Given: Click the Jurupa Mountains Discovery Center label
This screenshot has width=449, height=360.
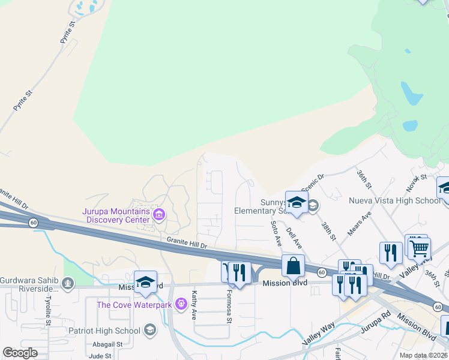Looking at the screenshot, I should (116, 215).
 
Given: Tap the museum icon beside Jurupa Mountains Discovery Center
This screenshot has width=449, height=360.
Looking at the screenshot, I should (159, 214).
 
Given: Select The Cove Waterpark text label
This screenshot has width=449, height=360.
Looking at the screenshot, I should (135, 305).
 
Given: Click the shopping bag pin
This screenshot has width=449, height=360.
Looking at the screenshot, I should (293, 265).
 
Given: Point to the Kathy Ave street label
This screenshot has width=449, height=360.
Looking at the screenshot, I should (194, 305).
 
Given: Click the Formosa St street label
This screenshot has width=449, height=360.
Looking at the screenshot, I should (229, 308).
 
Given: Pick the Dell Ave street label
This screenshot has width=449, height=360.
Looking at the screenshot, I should (294, 236).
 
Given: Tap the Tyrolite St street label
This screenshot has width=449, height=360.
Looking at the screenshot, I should (50, 307).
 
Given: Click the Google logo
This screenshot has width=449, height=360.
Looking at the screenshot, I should (20, 353).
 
